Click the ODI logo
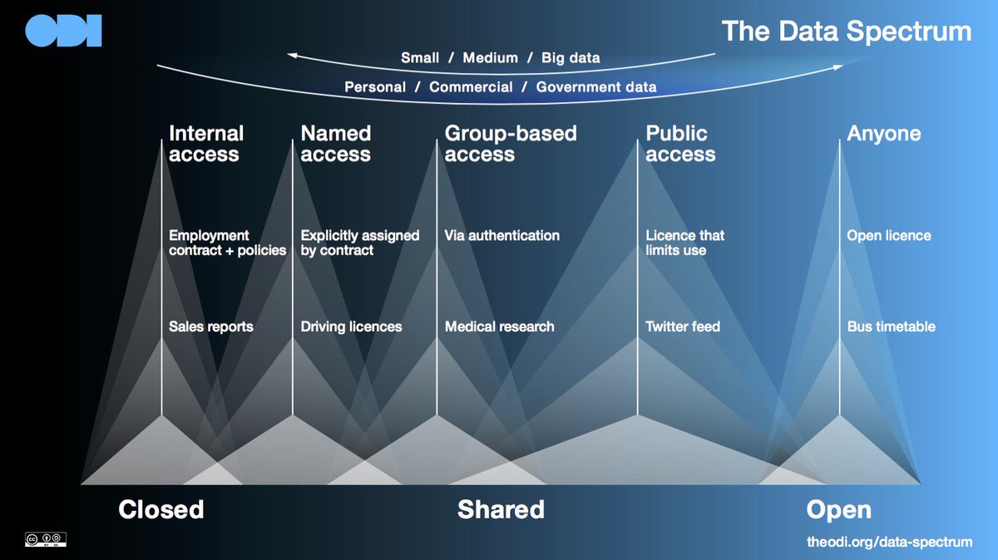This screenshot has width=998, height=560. (x=63, y=31)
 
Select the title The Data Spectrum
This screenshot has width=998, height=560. (x=846, y=31)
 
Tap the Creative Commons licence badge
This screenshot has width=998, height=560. (x=45, y=539)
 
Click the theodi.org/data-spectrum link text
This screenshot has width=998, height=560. (x=889, y=542)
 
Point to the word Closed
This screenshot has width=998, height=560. (x=161, y=509)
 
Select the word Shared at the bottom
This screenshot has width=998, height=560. (x=501, y=509)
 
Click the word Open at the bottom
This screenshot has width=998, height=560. (x=838, y=509)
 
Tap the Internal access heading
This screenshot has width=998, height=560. (x=205, y=144)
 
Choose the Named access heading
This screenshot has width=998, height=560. (x=335, y=144)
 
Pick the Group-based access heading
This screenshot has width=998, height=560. (x=510, y=144)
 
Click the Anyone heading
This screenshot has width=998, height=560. (x=883, y=134)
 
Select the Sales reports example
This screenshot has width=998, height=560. (x=210, y=327)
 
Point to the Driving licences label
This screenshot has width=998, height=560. (x=351, y=327)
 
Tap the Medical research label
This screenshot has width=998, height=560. (x=499, y=327)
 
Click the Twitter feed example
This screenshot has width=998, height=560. (x=683, y=327)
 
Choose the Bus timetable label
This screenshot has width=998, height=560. (x=891, y=327)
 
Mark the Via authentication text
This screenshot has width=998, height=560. (x=501, y=235)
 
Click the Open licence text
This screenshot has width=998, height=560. (x=888, y=235)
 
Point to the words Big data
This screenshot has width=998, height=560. (x=571, y=58)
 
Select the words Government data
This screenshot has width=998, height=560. (x=596, y=86)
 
